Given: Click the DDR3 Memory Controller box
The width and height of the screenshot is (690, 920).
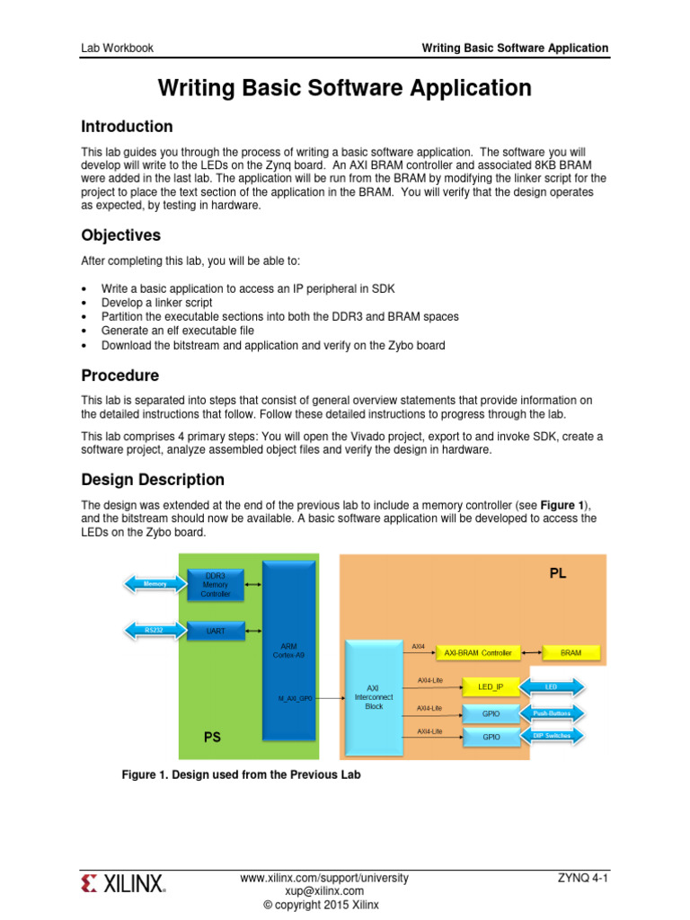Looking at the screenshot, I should (217, 585).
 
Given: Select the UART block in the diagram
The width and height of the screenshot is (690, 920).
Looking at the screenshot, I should (217, 632).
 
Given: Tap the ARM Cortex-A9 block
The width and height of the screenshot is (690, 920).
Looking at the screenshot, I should (288, 650).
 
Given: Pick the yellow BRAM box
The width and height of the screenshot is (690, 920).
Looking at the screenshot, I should (571, 653).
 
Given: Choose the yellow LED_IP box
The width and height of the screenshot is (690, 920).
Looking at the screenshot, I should (490, 687).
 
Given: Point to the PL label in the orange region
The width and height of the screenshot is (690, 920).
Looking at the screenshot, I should (558, 572).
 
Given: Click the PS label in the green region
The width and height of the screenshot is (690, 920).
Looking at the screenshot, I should (213, 737).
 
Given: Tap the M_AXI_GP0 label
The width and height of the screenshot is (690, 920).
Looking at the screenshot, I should (295, 698).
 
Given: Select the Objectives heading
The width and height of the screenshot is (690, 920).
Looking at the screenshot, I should (121, 235).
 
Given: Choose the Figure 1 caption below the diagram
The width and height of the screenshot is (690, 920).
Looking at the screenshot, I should (241, 774).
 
